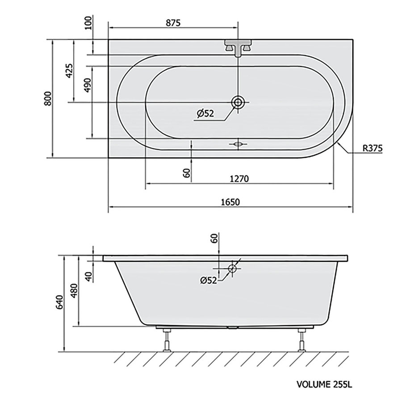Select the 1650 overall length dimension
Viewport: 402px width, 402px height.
pyautogui.click(x=230, y=202)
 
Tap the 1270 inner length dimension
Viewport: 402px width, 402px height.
pyautogui.click(x=239, y=178)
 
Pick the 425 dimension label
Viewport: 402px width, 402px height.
pyautogui.click(x=69, y=70)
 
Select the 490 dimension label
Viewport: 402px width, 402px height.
pyautogui.click(x=88, y=85)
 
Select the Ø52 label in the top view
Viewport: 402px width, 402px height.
pyautogui.click(x=205, y=114)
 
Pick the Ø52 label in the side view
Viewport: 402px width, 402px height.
pyautogui.click(x=208, y=280)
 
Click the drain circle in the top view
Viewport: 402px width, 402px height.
pyautogui.click(x=238, y=102)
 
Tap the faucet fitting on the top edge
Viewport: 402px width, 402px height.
pyautogui.click(x=238, y=47)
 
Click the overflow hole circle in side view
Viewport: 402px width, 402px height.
pyautogui.click(x=232, y=268)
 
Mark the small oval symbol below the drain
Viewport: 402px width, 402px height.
pyautogui.click(x=238, y=144)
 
